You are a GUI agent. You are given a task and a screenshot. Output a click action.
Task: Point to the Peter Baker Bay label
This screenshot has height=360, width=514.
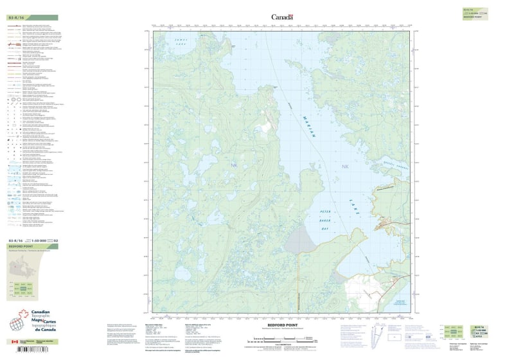327,219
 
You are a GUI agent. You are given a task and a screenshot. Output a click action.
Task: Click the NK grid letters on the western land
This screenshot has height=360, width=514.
233,166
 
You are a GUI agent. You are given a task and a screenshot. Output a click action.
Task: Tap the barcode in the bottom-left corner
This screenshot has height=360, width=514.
30,351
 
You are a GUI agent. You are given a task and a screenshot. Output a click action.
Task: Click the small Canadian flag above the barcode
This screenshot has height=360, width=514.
15,342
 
